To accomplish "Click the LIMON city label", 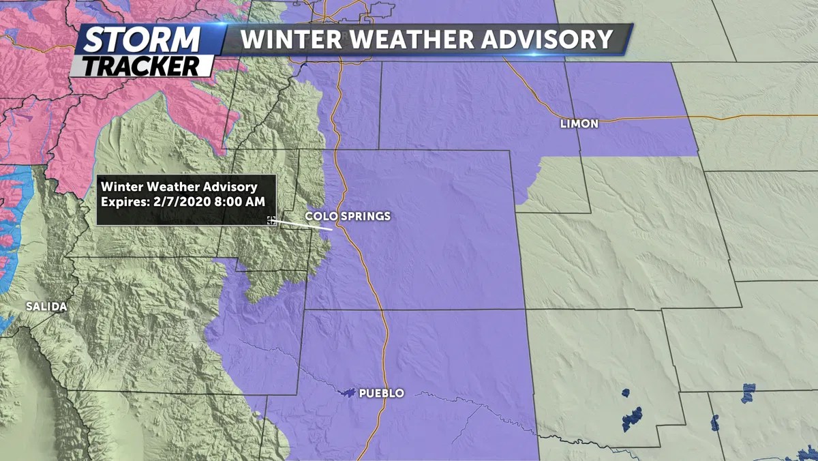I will [x=579, y=123].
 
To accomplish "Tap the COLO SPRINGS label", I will [x=348, y=216].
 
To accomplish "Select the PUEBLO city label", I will [x=381, y=393].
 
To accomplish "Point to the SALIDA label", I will [x=46, y=307].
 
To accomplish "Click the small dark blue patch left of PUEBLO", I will [x=348, y=393].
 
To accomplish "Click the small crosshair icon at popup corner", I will [x=271, y=220].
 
